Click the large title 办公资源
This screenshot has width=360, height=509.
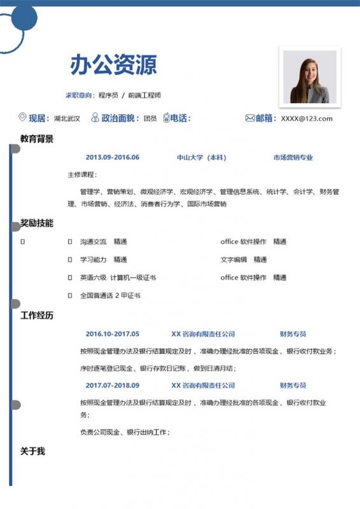point(113,65)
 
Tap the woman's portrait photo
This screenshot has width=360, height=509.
point(309,77)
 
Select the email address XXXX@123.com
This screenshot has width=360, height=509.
point(307,118)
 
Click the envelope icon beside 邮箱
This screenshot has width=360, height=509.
point(250,118)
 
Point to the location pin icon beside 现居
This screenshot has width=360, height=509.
point(23,118)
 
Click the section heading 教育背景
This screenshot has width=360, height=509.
point(37,139)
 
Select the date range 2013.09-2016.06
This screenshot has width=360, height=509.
point(112,158)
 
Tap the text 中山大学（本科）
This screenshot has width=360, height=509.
point(202,158)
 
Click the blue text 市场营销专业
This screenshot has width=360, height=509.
point(293,158)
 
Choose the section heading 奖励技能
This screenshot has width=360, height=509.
point(37,223)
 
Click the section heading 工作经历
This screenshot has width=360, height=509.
point(37,316)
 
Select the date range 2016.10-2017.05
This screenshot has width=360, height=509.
point(112,334)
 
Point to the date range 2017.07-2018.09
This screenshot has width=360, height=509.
point(112,386)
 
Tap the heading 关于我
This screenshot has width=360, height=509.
point(32,451)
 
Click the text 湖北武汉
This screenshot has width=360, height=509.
point(67,118)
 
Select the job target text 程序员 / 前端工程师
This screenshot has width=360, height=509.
point(130,95)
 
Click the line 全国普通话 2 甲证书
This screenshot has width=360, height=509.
point(109,296)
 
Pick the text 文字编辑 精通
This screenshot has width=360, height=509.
point(244,260)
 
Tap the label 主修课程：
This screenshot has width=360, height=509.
point(82,175)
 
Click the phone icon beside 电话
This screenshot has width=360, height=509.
point(167,118)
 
